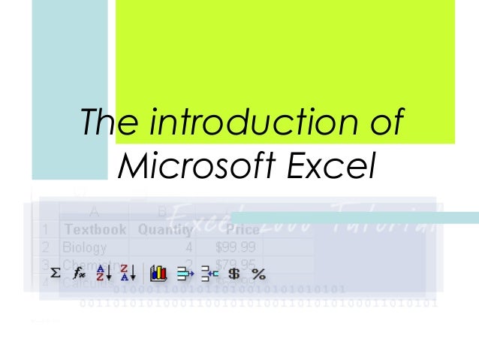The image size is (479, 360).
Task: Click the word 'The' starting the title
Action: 109,123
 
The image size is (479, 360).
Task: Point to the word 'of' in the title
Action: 384,123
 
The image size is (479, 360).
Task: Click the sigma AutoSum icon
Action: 55,273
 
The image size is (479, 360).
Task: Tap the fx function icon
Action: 79,273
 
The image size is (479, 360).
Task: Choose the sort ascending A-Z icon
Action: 103,273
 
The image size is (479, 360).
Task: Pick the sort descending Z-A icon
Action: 128,273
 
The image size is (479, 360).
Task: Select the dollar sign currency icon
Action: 233,273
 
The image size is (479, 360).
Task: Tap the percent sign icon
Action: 258,273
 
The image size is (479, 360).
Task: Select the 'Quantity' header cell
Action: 161,228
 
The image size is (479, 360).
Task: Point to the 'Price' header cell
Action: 246,228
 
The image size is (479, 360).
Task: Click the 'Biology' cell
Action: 84,247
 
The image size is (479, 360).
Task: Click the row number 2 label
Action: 46,247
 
